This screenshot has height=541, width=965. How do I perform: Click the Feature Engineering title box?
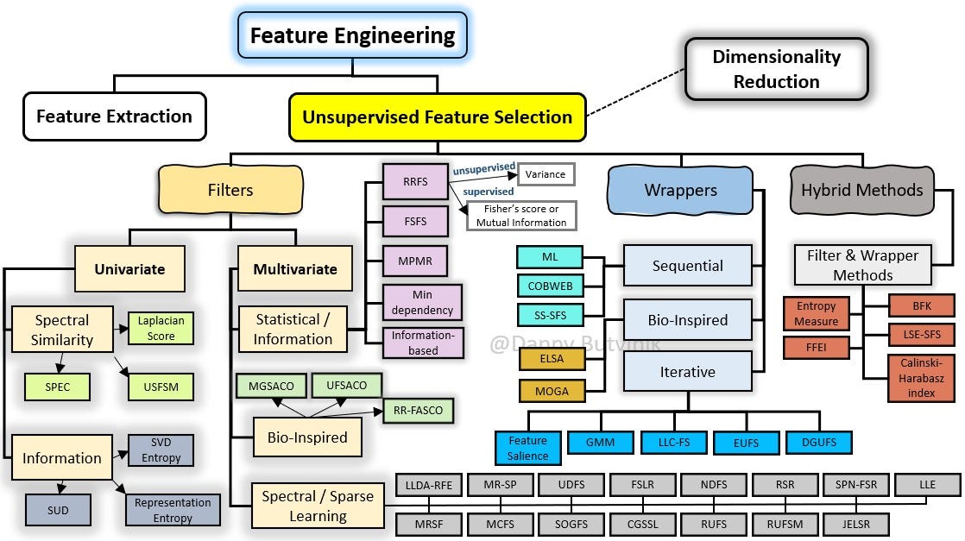click(x=353, y=35)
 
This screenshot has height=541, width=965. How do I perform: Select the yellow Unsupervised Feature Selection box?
click(x=437, y=117)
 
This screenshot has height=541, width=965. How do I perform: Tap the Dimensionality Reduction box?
click(x=777, y=69)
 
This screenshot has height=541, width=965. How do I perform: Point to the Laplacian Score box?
click(x=161, y=328)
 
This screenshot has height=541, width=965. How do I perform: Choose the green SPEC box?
click(x=57, y=387)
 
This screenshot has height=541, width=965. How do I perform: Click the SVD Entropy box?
click(x=161, y=450)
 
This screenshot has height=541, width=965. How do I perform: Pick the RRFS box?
click(x=415, y=181)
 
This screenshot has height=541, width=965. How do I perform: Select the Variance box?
click(x=546, y=174)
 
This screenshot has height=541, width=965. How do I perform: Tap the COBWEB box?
click(x=550, y=286)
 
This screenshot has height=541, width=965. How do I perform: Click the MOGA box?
click(x=552, y=391)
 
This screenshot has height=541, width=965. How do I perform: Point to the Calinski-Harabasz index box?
click(x=921, y=378)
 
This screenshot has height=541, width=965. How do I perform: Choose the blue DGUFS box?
click(x=819, y=443)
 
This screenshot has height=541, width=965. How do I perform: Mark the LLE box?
click(x=928, y=484)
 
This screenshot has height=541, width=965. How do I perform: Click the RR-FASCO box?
click(x=419, y=411)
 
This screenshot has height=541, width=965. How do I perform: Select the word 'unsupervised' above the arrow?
click(x=484, y=168)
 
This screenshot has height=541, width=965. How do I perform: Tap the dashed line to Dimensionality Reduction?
click(x=636, y=92)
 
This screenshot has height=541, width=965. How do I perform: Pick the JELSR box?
click(x=856, y=525)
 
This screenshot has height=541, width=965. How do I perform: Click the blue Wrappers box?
click(x=680, y=190)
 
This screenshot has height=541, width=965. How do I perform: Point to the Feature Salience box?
click(x=528, y=448)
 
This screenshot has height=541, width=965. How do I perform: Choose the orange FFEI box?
click(x=816, y=348)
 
